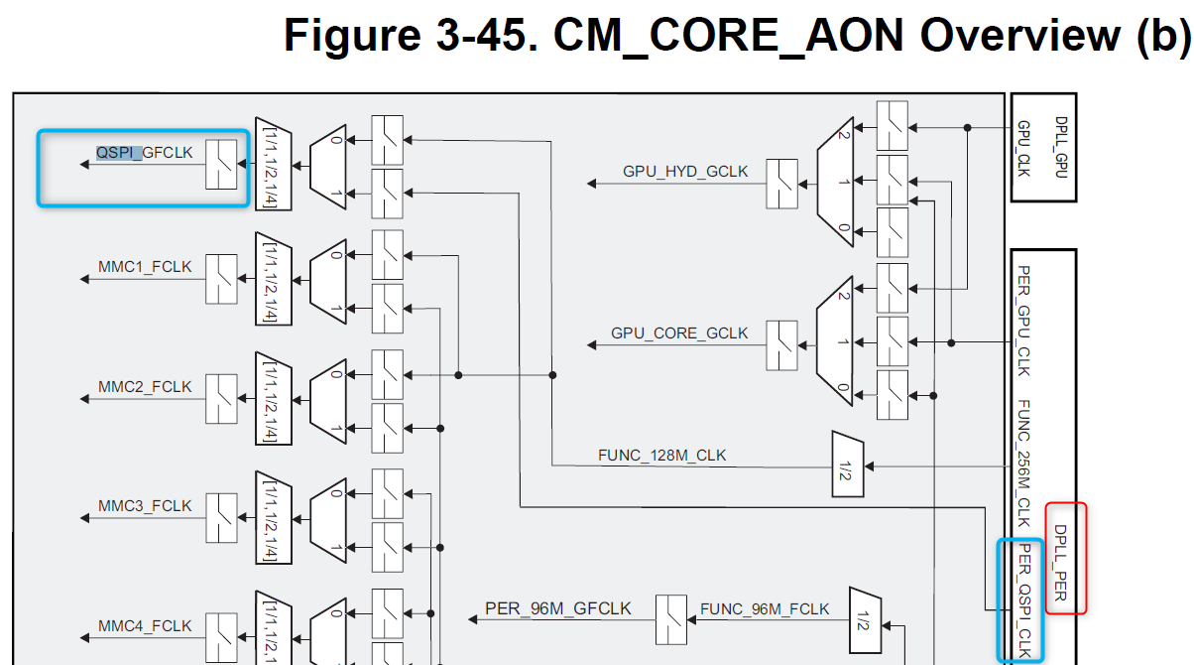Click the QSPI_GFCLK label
coord(144,153)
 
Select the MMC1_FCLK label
coord(145,267)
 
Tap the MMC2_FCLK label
coord(145,386)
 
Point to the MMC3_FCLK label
coord(145,505)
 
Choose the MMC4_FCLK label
coord(145,626)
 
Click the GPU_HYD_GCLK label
coord(685,172)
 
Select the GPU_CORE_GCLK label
coord(679,333)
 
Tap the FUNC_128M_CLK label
coord(661,456)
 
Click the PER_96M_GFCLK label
coord(558,607)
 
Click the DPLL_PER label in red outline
coord(1060,559)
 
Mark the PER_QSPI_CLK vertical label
coord(1025,600)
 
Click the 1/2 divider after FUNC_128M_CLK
coord(847,464)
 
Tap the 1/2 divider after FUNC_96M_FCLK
coord(865,620)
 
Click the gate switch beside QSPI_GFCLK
coord(220,164)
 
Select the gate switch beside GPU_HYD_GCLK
coord(781,184)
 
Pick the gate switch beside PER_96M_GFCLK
coord(671,619)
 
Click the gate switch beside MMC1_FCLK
coord(220,279)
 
